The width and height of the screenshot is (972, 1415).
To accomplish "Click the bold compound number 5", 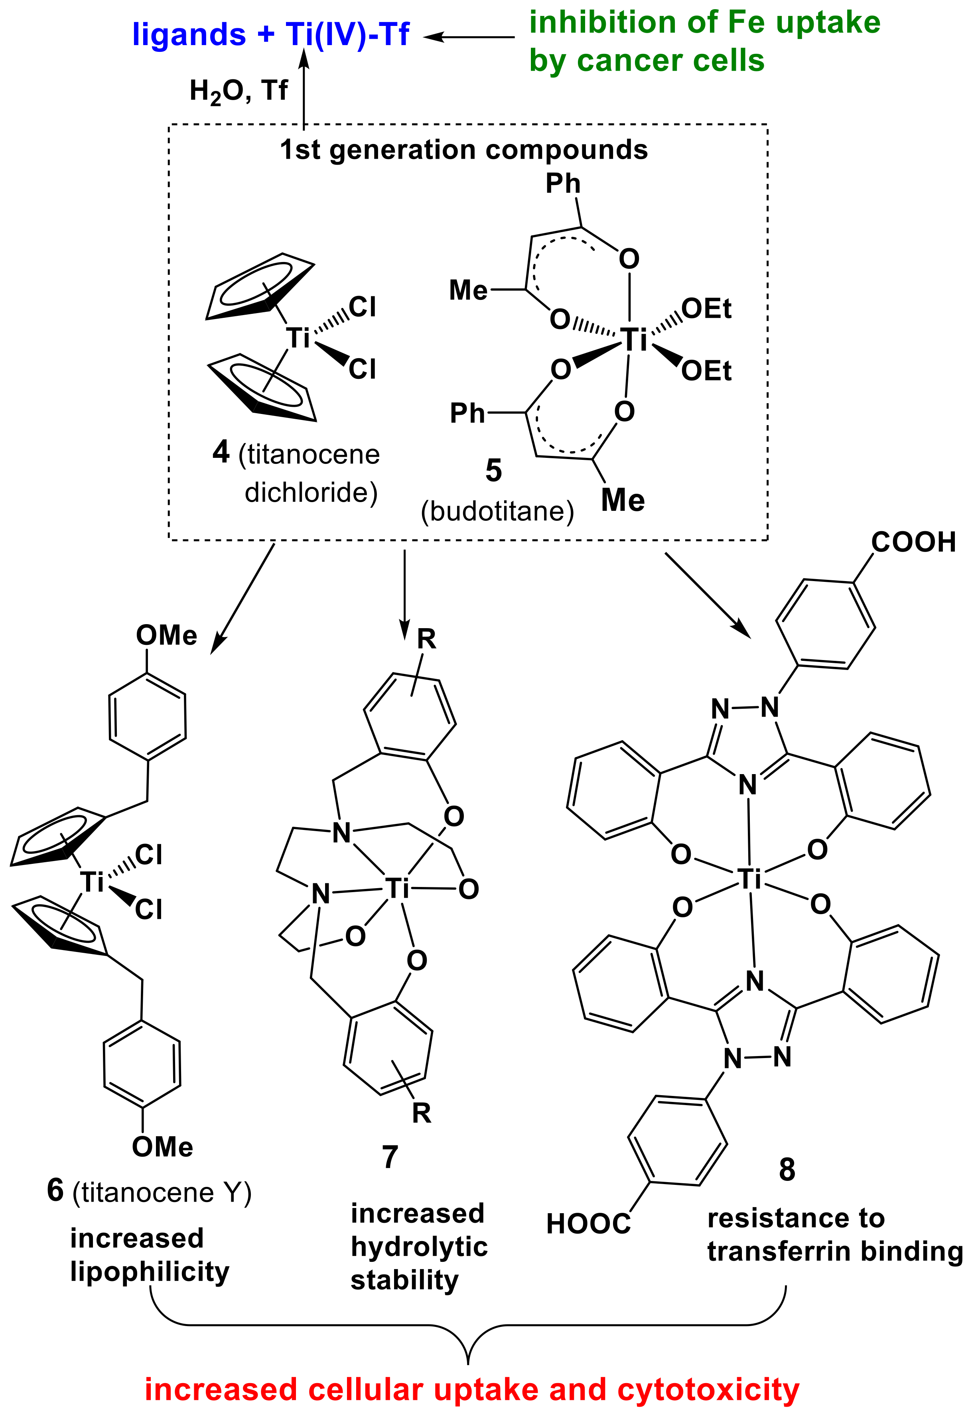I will (x=493, y=471).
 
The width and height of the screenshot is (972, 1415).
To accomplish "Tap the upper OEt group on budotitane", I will (x=706, y=309).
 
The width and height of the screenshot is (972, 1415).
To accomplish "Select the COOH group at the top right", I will (x=913, y=542).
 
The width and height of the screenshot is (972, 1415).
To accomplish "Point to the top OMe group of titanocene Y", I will (x=166, y=636).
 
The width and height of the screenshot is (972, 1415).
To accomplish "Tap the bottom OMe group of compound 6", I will (x=163, y=1148).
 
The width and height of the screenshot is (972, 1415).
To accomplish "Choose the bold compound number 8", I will (x=787, y=1170).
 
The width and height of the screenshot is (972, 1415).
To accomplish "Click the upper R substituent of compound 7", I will (x=426, y=639).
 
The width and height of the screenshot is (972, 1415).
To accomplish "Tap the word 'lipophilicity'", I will (x=150, y=1271).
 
